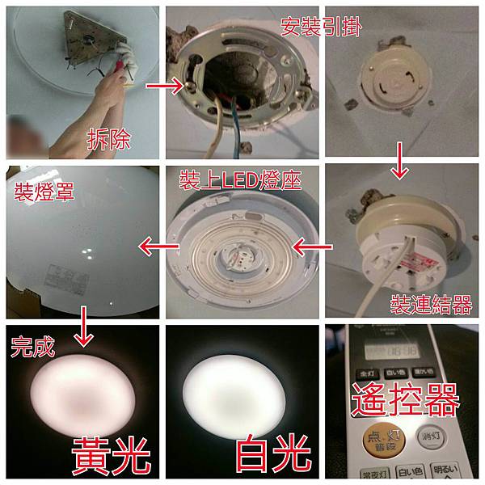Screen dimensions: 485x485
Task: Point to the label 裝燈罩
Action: [x=39, y=192]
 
